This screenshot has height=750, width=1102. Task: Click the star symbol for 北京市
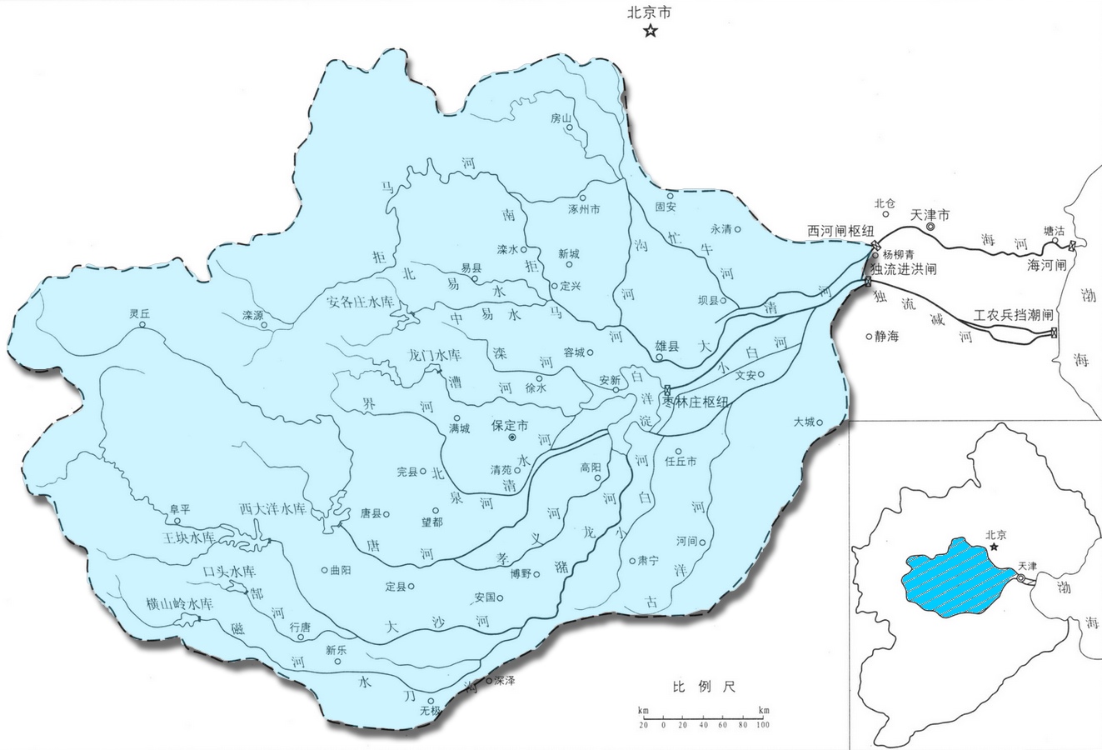coord(650,32)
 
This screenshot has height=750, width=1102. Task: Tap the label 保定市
coord(510,425)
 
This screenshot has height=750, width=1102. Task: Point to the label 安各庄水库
coord(365,301)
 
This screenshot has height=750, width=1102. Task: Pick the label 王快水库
coord(193,538)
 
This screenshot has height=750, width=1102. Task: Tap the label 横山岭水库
coord(179,603)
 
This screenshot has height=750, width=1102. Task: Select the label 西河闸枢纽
coord(837,229)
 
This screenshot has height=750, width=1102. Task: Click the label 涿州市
coord(583,209)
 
